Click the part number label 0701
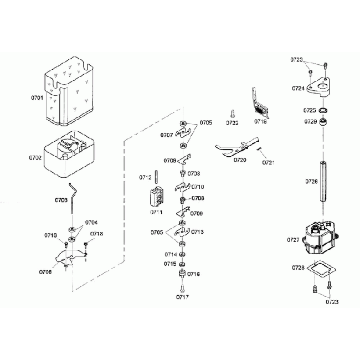click(37, 97)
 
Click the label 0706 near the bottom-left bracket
click(45, 271)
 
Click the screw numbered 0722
click(232, 114)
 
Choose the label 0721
click(268, 163)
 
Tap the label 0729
click(310, 121)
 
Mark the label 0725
click(310, 110)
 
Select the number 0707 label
click(167, 135)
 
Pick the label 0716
click(193, 274)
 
